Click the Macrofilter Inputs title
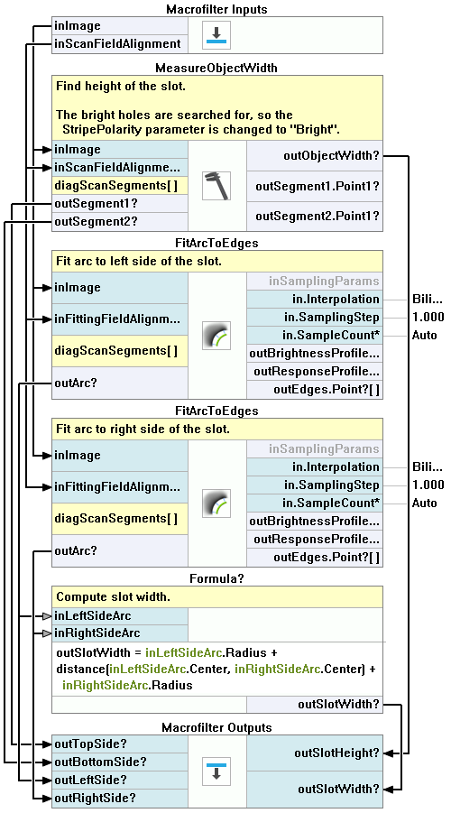point(216,9)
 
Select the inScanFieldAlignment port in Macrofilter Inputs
point(120,44)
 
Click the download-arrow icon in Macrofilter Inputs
point(216,35)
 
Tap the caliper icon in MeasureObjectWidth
point(216,186)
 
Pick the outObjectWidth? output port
point(315,155)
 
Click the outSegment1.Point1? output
point(315,185)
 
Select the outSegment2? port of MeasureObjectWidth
point(120,221)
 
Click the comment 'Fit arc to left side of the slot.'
point(138,262)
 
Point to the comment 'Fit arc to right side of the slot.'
point(143,430)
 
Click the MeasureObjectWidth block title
point(216,69)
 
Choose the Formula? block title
point(216,578)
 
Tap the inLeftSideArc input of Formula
point(120,616)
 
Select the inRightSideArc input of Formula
point(120,633)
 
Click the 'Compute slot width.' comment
point(113,596)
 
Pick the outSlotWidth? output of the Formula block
point(315,704)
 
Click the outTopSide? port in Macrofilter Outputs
point(120,744)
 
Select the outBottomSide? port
point(120,762)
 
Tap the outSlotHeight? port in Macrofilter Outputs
point(315,753)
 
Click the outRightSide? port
point(120,798)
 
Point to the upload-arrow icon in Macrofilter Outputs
point(216,771)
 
